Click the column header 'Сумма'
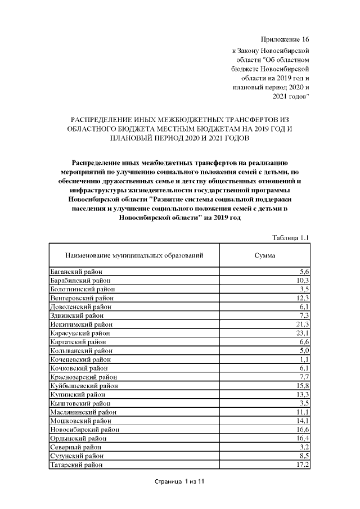point(264,255)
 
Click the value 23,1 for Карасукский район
point(303,334)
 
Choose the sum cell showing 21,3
point(303,325)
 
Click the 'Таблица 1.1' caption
point(290,237)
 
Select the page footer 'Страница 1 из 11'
point(179,482)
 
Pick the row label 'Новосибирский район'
point(84,430)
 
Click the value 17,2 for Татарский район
point(303,465)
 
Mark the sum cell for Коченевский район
point(304,359)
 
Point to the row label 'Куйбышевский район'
point(84,386)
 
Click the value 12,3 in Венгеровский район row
point(303,298)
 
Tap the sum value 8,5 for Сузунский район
point(304,456)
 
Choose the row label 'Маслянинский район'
point(83,412)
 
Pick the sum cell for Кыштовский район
point(304,403)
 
